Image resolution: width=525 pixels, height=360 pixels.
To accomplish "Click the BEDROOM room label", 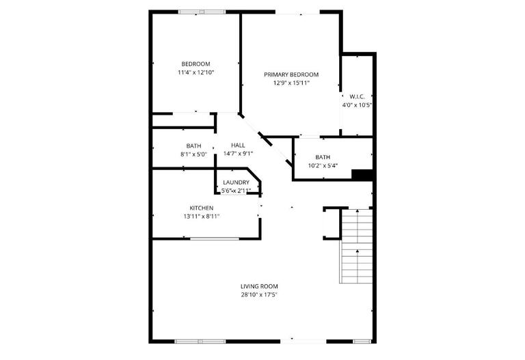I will coord(196,64).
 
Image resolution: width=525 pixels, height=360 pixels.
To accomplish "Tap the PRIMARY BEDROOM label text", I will coord(291,74).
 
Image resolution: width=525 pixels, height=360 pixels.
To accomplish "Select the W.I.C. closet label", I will coord(357,96).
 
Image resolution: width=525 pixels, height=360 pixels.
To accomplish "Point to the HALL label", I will coord(238,145).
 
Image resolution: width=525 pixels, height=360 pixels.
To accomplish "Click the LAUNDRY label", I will coord(236,182).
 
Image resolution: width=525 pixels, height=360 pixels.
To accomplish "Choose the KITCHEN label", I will coord(202,208).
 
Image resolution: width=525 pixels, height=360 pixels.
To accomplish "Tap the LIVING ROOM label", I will coord(259,286).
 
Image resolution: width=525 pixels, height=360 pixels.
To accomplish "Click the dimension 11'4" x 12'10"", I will coord(196,72).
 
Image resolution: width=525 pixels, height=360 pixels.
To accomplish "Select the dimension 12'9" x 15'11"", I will coord(291,83).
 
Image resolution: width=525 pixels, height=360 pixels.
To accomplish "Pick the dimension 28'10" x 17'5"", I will coord(259,295).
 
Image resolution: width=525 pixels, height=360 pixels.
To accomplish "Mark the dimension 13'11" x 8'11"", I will coord(202,217).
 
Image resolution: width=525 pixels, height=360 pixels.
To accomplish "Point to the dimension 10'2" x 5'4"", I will coord(323,166).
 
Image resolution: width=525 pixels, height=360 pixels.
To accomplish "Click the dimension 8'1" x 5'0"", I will coord(193,154).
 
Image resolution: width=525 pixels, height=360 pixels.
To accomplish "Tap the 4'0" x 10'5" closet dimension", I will coord(357,105).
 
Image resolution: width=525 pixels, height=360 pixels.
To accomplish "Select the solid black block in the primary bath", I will coord(362,175).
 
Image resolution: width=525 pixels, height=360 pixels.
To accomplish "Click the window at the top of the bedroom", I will coord(201,12).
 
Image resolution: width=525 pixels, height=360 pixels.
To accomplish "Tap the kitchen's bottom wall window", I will coord(214,238).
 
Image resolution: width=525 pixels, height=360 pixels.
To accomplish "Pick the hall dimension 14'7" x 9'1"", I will coord(238,154).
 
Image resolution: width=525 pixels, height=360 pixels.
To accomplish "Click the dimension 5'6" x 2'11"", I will coord(237,191).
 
